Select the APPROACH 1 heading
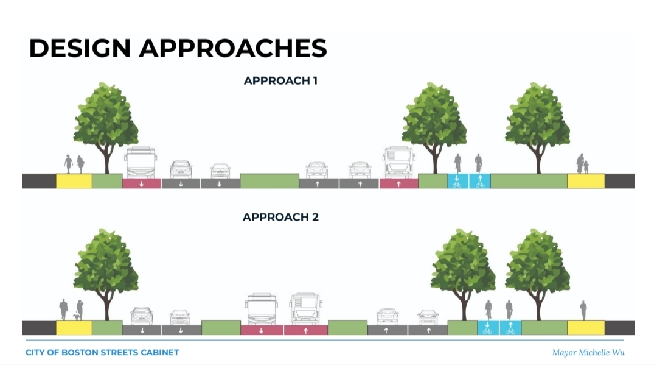pos(280,80)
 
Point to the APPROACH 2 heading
pos(280,217)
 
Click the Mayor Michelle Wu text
pos(588,353)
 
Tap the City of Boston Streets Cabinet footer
pos(102,353)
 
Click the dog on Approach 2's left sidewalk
pos(75,316)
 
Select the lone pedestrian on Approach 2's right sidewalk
pos(583,310)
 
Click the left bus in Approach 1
pos(141,162)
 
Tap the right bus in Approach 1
pos(399,162)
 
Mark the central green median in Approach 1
pos(269,181)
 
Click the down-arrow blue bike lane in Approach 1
pos(457,181)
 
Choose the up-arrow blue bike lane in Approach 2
pos(510,328)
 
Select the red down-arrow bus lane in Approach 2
pos(262,330)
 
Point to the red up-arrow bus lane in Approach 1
pos(398,183)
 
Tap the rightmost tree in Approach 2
pos(538,268)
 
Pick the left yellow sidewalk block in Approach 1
pos(74,181)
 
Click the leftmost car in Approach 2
pos(142,315)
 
